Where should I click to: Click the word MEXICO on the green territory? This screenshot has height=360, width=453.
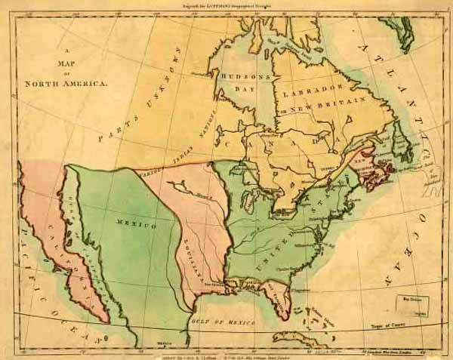[x=136, y=224]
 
